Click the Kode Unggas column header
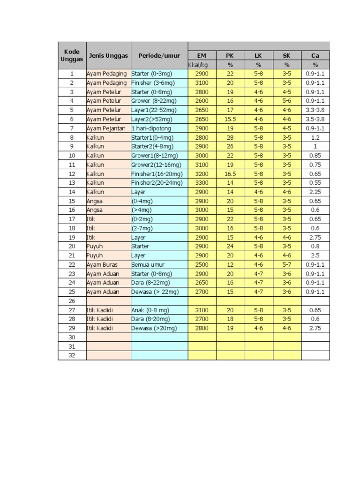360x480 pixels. [x=72, y=55]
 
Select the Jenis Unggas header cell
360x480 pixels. [x=108, y=55]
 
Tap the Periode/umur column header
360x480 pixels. [x=159, y=55]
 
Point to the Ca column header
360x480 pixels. [x=315, y=55]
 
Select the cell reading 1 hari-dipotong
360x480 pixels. [x=151, y=128]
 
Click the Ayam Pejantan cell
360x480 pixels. [x=104, y=128]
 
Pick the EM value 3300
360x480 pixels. [x=202, y=182]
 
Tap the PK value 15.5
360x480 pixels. [x=230, y=119]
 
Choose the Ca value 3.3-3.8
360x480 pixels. [x=315, y=110]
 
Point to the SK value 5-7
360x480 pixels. [x=287, y=264]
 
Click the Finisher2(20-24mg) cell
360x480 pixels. [x=157, y=182]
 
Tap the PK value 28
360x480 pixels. [x=230, y=137]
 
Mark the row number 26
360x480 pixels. [x=72, y=300]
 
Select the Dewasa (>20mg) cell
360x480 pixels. [x=154, y=328]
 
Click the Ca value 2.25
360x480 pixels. [x=315, y=192]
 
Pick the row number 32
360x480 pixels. [x=72, y=355]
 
